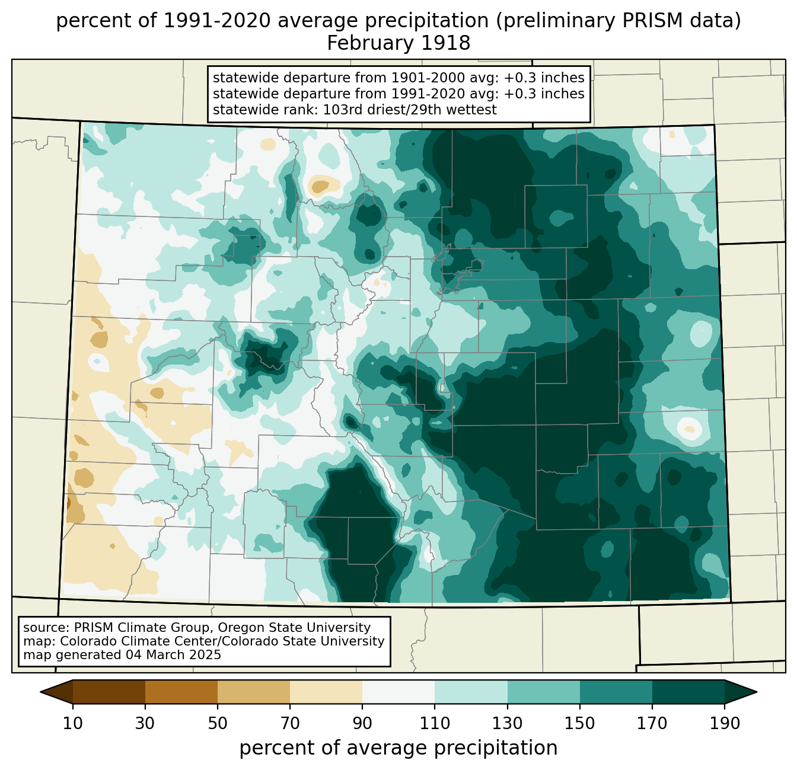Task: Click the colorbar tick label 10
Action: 72,723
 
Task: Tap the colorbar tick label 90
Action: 362,723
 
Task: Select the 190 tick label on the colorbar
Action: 725,723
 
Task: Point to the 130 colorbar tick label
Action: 507,723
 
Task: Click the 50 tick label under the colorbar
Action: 218,723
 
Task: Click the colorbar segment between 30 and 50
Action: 181,692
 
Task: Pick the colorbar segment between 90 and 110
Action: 398,692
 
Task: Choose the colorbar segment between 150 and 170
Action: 616,692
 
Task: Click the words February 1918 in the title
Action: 398,43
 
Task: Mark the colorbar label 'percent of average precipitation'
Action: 398,748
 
